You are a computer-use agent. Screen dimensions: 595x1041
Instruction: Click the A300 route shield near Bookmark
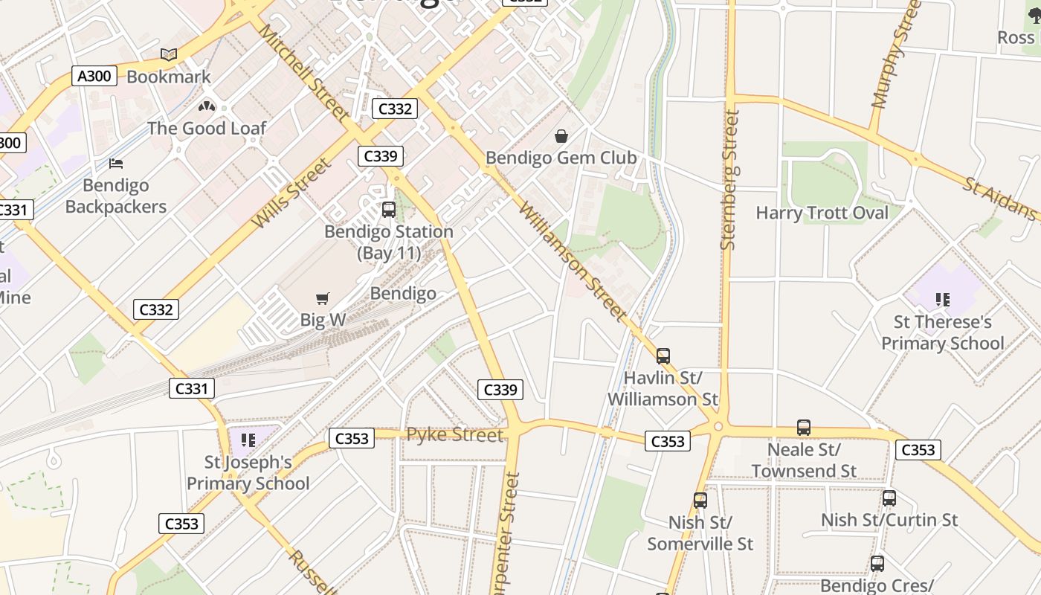click(94, 75)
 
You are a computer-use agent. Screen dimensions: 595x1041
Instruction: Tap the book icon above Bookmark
click(169, 54)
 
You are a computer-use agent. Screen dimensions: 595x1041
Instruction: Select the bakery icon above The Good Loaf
click(207, 106)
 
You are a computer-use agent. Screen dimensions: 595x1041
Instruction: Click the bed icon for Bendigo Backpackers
click(116, 163)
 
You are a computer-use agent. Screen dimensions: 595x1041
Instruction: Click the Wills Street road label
click(291, 193)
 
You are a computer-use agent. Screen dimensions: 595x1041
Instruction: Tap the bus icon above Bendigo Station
click(388, 210)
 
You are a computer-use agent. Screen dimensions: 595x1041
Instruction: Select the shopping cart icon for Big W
click(322, 299)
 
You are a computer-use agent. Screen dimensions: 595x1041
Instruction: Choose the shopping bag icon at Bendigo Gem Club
click(561, 136)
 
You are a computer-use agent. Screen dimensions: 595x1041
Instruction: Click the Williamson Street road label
click(573, 260)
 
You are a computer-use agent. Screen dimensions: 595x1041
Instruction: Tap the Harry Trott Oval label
click(822, 213)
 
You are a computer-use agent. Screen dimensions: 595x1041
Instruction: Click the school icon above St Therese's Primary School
click(943, 300)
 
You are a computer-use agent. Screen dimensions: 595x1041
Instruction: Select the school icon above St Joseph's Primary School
click(248, 440)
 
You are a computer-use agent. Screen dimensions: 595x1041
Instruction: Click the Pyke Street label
click(454, 434)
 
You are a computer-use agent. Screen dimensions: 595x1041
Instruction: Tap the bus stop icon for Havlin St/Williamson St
click(663, 356)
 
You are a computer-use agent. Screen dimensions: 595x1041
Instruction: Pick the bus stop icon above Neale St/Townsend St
click(803, 428)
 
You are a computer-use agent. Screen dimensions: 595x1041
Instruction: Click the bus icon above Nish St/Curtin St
click(889, 498)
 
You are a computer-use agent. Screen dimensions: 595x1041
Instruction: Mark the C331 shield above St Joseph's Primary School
click(192, 387)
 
